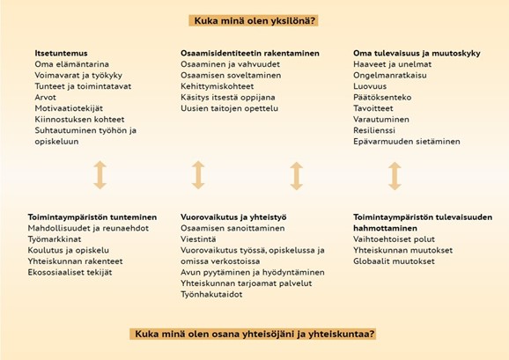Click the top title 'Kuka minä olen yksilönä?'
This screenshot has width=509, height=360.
tap(254, 21)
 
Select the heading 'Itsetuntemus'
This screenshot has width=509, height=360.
tap(61, 53)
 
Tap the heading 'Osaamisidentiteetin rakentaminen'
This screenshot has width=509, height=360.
tap(250, 53)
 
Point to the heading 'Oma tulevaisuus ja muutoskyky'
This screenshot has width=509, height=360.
tap(417, 53)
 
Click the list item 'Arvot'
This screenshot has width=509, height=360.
tap(46, 98)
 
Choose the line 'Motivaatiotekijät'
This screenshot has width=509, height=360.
tap(69, 108)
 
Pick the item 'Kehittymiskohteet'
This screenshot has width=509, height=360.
tap(218, 86)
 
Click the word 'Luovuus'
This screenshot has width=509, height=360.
tap(370, 86)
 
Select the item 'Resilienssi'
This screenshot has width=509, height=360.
tap(374, 130)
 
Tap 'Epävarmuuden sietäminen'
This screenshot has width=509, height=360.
tap(407, 142)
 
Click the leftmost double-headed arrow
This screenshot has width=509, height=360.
tap(100, 175)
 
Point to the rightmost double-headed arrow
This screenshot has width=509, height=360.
tap(395, 176)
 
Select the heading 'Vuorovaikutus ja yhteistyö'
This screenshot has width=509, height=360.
tap(233, 217)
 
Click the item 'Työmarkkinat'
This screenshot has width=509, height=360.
tap(55, 239)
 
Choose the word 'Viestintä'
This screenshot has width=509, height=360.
tap(198, 239)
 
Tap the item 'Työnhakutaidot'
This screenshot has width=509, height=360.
tap(211, 295)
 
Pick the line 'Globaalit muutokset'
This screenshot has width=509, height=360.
tap(394, 261)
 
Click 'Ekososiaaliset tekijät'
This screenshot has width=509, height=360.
tap(70, 273)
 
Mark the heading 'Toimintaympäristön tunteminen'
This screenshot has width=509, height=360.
tap(92, 217)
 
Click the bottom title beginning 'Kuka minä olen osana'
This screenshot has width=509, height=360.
tap(254, 334)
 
